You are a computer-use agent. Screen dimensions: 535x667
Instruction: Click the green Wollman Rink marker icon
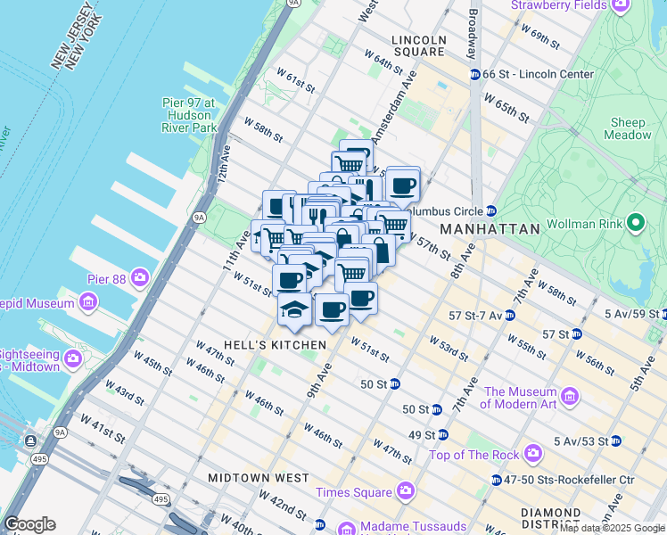[x=636, y=222]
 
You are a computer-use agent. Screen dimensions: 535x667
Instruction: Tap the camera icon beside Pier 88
[x=140, y=278]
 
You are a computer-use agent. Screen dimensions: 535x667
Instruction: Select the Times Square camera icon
[x=406, y=491]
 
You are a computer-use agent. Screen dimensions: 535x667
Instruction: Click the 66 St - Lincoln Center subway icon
[x=474, y=74]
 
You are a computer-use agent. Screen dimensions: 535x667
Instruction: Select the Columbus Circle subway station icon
[x=490, y=211]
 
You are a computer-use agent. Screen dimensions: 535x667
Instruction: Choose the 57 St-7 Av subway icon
[x=509, y=316]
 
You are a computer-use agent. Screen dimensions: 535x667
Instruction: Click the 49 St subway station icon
[x=443, y=435]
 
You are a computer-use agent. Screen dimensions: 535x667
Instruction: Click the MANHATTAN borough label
[x=490, y=229]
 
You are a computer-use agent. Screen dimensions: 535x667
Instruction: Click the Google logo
[x=29, y=524]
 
